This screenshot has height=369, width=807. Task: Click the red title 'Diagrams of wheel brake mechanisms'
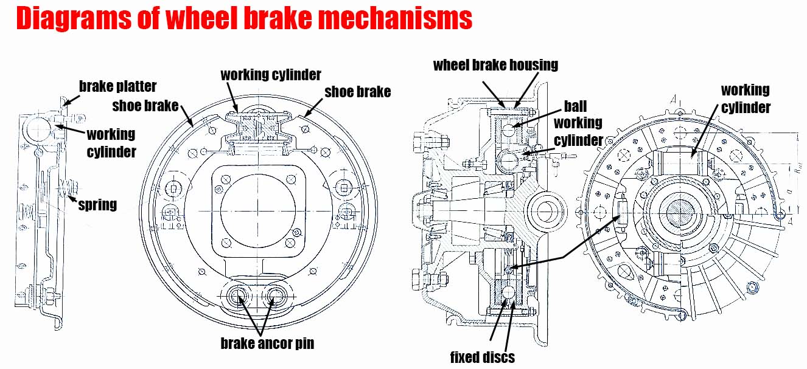(243, 19)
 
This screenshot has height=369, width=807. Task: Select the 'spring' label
(97, 205)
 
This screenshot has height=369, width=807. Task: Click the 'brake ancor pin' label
(267, 343)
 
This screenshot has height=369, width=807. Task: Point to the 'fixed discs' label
(481, 356)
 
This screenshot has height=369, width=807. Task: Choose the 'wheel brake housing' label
(495, 64)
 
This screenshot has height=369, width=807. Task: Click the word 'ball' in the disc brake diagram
(575, 106)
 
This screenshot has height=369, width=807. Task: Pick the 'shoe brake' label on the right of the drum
(357, 92)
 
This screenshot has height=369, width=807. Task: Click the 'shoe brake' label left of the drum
(145, 106)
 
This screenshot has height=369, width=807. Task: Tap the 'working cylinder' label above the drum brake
(270, 75)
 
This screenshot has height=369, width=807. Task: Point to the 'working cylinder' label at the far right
(745, 98)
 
